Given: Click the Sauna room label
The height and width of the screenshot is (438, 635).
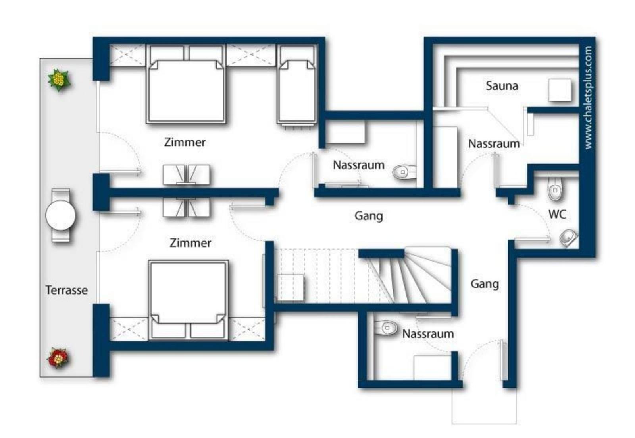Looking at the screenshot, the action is (x=502, y=86).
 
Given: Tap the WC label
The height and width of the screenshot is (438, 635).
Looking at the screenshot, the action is (x=557, y=214).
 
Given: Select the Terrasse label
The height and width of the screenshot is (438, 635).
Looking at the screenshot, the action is (x=67, y=290).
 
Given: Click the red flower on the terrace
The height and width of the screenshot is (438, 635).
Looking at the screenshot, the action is (x=58, y=358).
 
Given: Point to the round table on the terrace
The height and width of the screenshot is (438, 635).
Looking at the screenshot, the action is (x=60, y=215).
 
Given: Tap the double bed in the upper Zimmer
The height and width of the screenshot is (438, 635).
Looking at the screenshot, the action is (x=186, y=84).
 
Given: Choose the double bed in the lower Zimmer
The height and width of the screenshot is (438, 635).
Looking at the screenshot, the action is (x=188, y=300).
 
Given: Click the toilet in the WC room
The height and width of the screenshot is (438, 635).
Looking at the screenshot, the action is (x=555, y=189).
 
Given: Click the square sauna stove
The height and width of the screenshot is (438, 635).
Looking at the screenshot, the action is (x=560, y=90).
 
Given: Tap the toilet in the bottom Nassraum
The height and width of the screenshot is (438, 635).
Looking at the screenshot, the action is (x=386, y=328).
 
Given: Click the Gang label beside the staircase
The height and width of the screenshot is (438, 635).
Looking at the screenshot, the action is (x=485, y=284).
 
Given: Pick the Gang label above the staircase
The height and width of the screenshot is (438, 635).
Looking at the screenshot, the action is (x=369, y=216).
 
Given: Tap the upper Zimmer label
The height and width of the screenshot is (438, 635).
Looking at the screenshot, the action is (x=185, y=142).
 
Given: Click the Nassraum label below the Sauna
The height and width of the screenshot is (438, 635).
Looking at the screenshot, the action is (x=494, y=143).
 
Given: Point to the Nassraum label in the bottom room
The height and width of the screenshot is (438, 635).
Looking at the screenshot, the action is (x=428, y=334).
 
